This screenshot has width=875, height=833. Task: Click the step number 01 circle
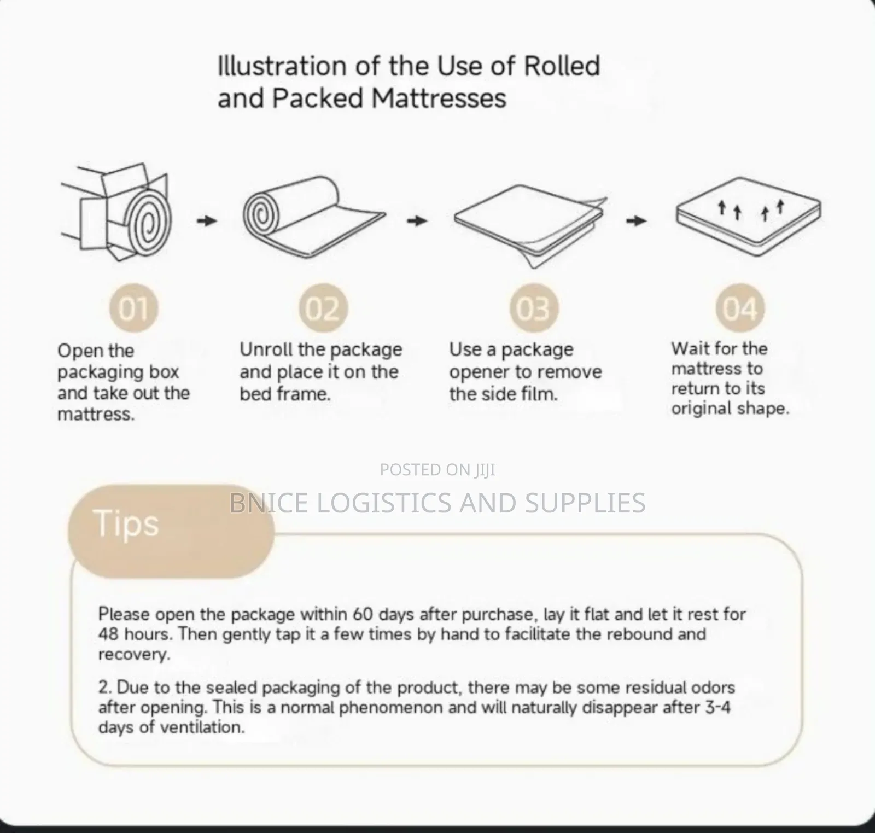(133, 308)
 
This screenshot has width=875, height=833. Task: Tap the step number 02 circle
(323, 308)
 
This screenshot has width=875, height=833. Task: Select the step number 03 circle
(534, 308)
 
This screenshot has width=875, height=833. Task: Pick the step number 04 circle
(740, 308)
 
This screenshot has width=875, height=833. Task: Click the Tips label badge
(170, 531)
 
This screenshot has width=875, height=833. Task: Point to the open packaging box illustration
(116, 207)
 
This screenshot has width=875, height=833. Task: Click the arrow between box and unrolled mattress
(207, 221)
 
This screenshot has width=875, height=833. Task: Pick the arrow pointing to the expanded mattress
(636, 221)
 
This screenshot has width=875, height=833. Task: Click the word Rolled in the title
(562, 66)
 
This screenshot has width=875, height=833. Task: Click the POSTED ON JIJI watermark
(437, 470)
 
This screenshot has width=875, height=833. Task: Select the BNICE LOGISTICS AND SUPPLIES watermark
(437, 503)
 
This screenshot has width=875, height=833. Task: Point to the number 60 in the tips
(362, 614)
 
